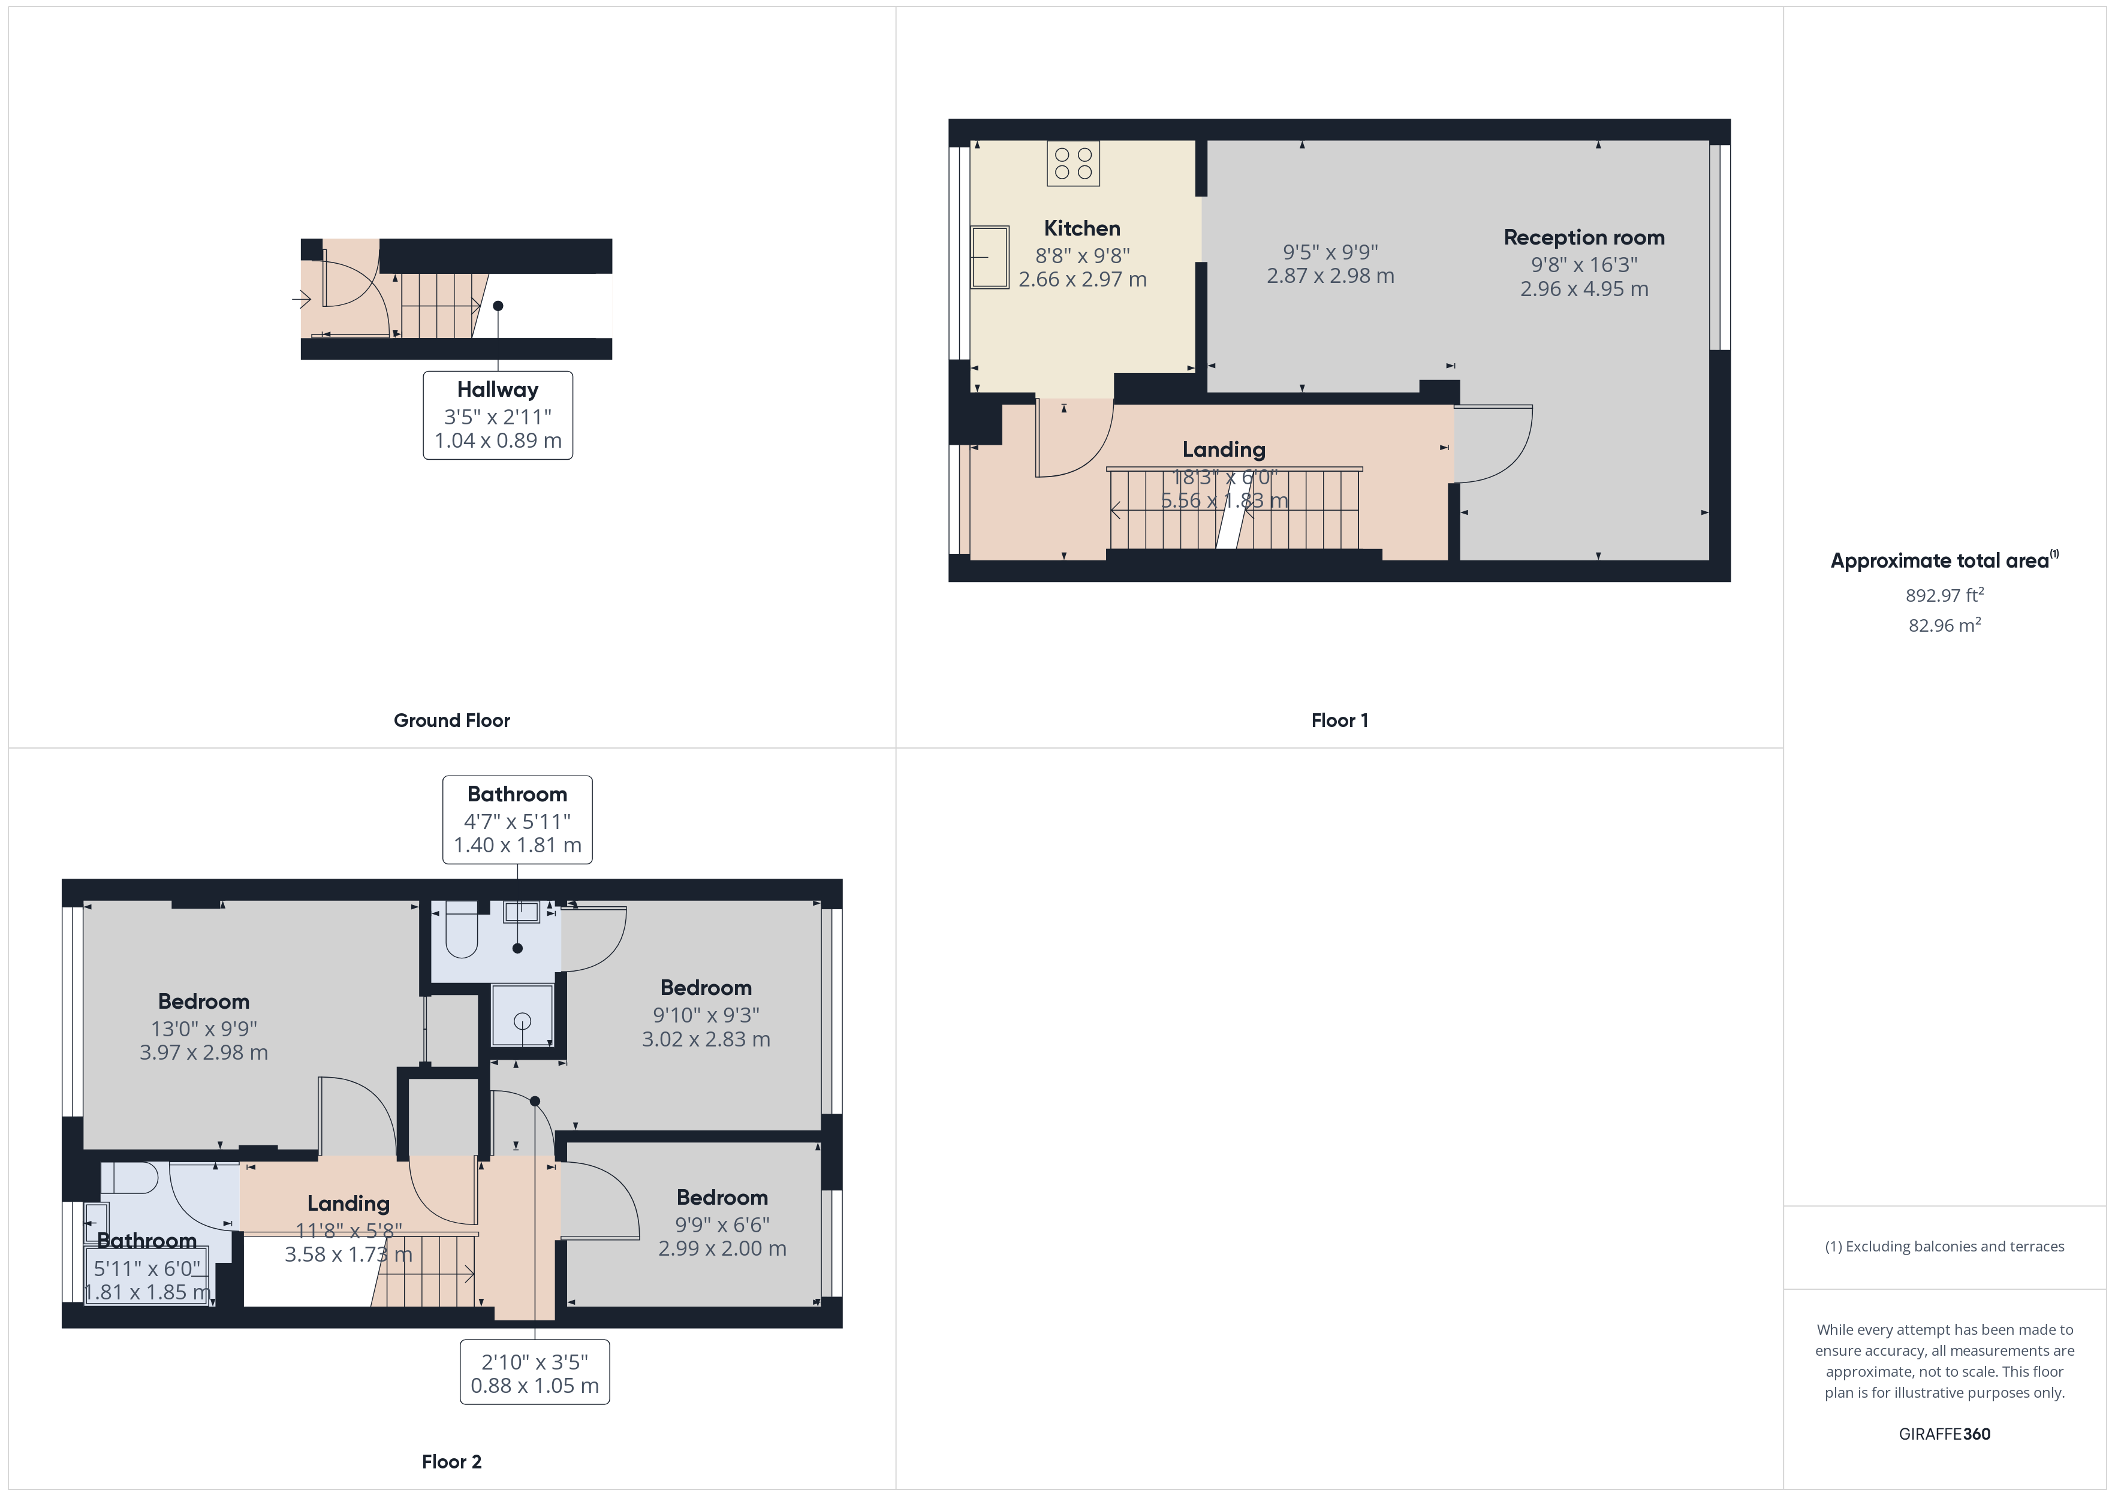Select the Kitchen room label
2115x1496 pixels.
[x=1081, y=228]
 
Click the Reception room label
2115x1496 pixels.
[x=1583, y=238]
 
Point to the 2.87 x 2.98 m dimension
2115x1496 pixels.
[x=1330, y=276]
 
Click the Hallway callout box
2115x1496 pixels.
[x=498, y=415]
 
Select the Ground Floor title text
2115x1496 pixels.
[x=451, y=720]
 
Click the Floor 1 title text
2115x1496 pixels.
[x=1339, y=720]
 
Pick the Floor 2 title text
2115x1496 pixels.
[x=451, y=1462]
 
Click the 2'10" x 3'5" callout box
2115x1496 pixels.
[x=534, y=1373]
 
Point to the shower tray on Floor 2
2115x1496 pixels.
[x=522, y=1016]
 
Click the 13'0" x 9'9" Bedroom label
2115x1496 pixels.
[x=204, y=1027]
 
